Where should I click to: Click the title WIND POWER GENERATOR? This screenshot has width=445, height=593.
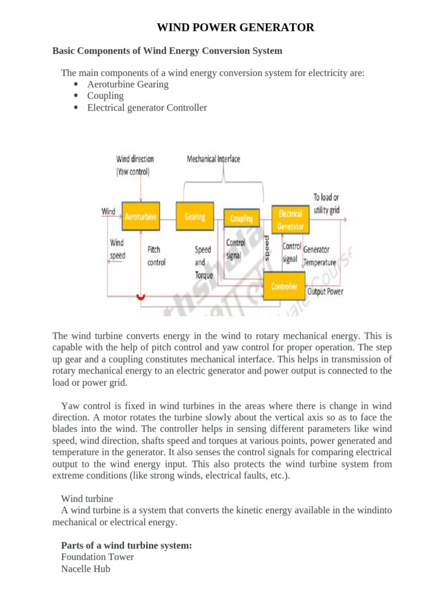[x=236, y=27]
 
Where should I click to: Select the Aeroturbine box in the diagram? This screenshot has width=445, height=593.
[x=141, y=217]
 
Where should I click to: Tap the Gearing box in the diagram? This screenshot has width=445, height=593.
[x=195, y=217]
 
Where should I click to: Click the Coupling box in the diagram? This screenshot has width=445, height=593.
[x=241, y=218]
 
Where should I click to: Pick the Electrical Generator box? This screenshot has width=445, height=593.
[x=290, y=220]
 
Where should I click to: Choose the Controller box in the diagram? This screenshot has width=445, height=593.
[x=284, y=287]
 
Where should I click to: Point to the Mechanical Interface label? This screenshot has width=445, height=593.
[x=213, y=159]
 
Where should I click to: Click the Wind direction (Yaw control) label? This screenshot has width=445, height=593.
[x=135, y=164]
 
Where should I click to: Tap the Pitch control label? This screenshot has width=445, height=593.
[x=156, y=256]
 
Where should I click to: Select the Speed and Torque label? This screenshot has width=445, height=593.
[x=203, y=262]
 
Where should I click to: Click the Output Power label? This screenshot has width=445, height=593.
[x=324, y=291]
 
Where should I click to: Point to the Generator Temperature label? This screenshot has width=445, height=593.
[x=319, y=255]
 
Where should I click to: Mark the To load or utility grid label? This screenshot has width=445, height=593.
[x=326, y=203]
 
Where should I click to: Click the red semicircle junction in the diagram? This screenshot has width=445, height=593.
[x=140, y=296]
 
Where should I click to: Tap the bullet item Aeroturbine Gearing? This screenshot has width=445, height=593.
[x=127, y=84]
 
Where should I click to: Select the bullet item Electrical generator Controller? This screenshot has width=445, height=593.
[x=147, y=108]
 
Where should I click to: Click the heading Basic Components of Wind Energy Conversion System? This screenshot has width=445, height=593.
[x=167, y=51]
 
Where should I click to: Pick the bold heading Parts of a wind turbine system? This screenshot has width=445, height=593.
[x=126, y=546]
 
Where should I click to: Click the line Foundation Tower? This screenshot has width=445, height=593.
[x=97, y=557]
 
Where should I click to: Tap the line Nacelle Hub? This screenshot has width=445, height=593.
[x=86, y=569]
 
